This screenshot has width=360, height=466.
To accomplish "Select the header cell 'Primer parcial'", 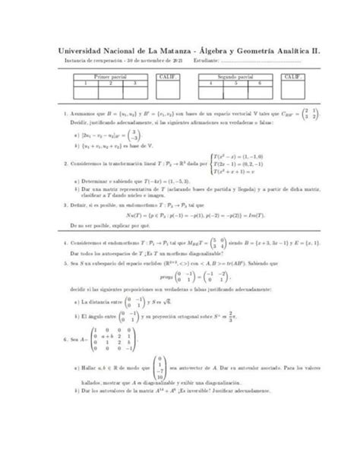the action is point(112,77).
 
